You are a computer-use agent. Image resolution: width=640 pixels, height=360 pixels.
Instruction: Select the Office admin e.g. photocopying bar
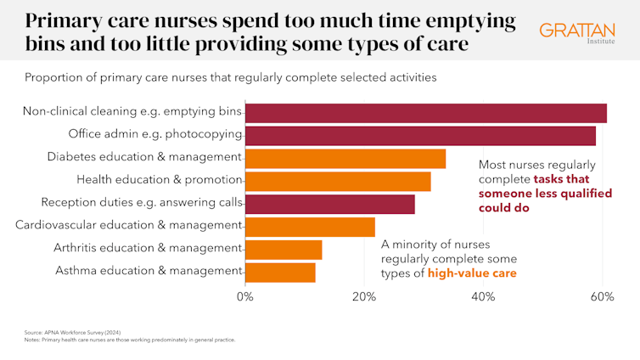click(x=420, y=136)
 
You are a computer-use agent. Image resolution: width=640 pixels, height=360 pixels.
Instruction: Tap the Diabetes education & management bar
click(x=345, y=159)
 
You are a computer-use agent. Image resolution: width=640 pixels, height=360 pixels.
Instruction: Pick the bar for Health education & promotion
click(x=338, y=181)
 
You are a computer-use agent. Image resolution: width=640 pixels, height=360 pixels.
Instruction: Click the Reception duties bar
click(x=330, y=204)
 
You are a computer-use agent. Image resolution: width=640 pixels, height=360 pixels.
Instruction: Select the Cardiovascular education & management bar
click(x=310, y=227)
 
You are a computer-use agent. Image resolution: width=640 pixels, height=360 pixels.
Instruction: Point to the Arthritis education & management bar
click(x=284, y=249)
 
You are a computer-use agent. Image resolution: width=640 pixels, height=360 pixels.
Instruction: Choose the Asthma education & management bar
click(x=280, y=272)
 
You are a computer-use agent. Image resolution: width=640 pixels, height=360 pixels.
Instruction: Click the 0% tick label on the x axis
click(x=245, y=297)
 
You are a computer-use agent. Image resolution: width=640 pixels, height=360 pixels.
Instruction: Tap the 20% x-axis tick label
click(x=364, y=297)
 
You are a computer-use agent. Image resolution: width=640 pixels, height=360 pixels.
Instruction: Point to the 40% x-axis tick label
click(x=483, y=297)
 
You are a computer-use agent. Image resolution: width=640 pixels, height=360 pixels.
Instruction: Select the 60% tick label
click(x=602, y=297)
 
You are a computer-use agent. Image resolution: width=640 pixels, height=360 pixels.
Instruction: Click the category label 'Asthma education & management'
click(x=149, y=271)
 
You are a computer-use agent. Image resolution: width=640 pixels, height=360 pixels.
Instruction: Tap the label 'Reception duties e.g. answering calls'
click(x=142, y=204)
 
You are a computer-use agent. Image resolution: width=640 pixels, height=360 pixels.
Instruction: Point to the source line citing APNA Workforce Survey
click(x=74, y=332)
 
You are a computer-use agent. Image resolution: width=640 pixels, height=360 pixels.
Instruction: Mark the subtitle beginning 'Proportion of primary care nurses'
click(x=230, y=78)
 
